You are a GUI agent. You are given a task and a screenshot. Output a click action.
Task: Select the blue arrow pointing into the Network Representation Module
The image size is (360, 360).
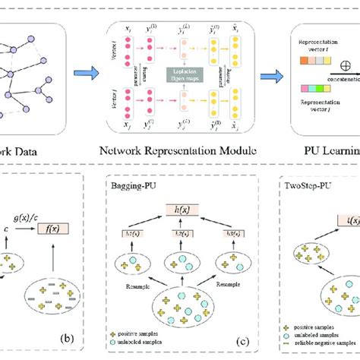click(87, 74)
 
